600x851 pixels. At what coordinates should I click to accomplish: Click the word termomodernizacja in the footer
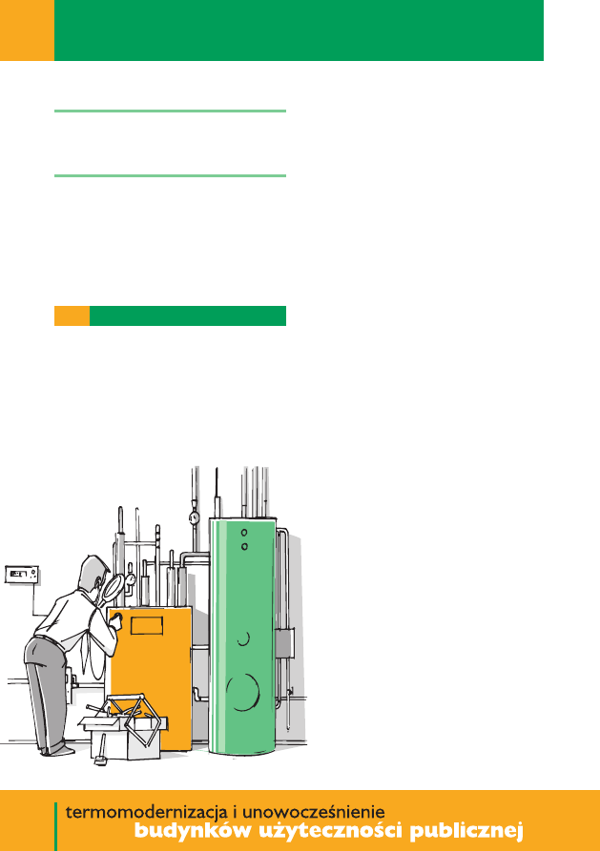tap(146, 813)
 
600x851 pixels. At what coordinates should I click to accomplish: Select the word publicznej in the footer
tap(466, 831)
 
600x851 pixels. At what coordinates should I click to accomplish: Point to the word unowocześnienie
tap(313, 812)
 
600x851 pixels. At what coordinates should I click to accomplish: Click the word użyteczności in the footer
tap(330, 831)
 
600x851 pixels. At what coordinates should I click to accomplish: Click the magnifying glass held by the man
tap(112, 588)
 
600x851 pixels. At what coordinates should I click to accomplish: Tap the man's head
tap(93, 573)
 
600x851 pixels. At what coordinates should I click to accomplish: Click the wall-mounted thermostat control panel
tap(22, 575)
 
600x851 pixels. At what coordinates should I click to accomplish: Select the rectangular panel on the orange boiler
tap(147, 625)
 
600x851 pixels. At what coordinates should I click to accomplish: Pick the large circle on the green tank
tap(243, 692)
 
